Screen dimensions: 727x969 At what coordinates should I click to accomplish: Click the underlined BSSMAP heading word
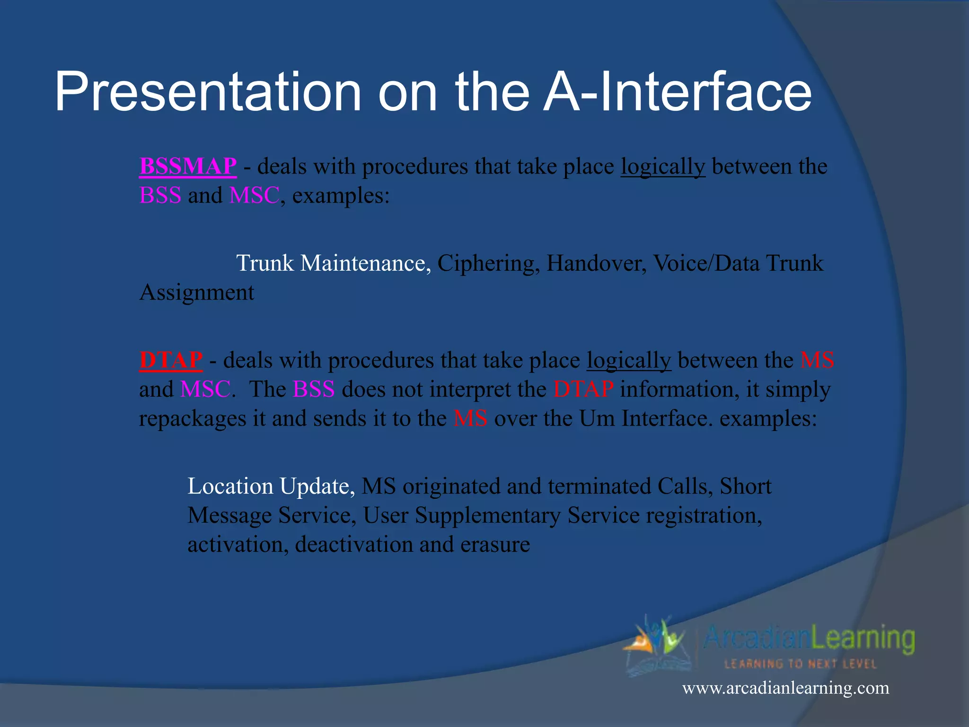click(188, 167)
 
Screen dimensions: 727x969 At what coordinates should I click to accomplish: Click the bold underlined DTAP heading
click(171, 360)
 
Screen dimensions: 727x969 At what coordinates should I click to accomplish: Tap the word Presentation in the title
click(208, 92)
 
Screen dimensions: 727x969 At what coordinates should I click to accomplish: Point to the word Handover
click(596, 263)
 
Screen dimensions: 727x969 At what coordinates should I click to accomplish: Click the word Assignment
click(197, 293)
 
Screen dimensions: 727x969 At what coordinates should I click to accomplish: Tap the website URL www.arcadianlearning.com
click(785, 688)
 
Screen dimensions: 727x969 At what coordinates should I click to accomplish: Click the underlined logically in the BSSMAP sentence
click(663, 167)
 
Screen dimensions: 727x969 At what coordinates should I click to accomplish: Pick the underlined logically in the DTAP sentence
click(629, 360)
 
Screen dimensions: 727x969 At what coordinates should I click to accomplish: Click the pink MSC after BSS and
click(255, 195)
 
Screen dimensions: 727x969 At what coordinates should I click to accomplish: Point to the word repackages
click(193, 418)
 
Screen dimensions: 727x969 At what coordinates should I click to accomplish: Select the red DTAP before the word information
click(583, 389)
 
